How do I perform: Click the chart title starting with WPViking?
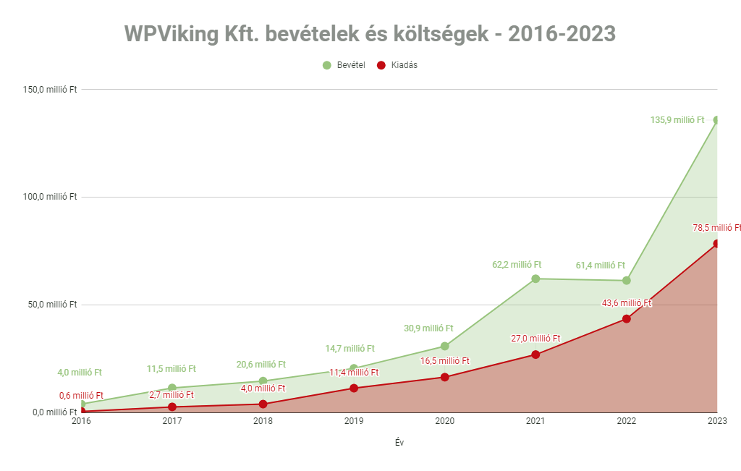click(x=370, y=33)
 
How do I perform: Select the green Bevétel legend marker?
click(x=327, y=65)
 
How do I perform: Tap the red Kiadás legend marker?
click(x=381, y=65)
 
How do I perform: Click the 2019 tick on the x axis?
click(x=354, y=420)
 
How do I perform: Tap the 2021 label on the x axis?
click(x=535, y=420)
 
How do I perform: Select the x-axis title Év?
click(x=399, y=443)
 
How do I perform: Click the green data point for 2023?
click(x=716, y=120)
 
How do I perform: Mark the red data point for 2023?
click(x=716, y=244)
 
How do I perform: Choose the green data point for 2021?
click(x=535, y=279)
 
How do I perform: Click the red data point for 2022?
click(x=627, y=318)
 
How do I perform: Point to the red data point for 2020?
click(x=444, y=377)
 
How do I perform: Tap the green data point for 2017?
click(x=172, y=388)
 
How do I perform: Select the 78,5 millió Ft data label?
click(x=716, y=228)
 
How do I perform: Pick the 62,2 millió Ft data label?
click(x=517, y=265)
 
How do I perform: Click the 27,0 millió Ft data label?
click(x=535, y=338)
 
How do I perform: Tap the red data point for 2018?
click(x=263, y=404)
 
